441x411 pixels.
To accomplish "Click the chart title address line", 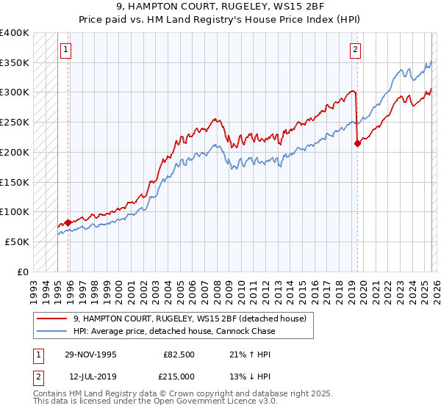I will [220, 8].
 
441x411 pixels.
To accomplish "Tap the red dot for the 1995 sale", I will [68, 222].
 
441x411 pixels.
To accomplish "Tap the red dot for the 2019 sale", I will [358, 143].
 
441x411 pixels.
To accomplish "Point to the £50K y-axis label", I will [17, 241].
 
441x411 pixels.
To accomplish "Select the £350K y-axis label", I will [15, 63].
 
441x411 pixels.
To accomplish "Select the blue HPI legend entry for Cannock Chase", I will [173, 331].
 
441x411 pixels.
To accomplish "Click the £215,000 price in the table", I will [179, 377].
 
